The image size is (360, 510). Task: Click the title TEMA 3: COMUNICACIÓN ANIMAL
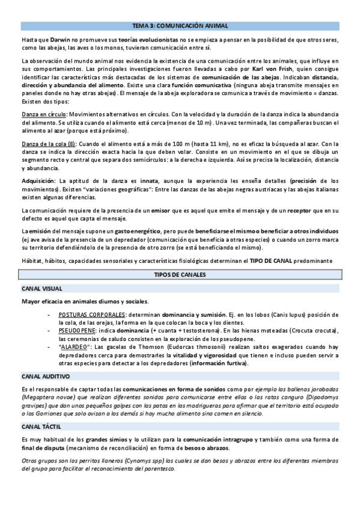[180, 26]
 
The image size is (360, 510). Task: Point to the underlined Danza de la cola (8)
[49, 144]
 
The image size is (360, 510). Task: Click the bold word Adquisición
[38, 181]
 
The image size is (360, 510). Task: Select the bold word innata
[150, 181]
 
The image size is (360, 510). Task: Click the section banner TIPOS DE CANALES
[180, 274]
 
